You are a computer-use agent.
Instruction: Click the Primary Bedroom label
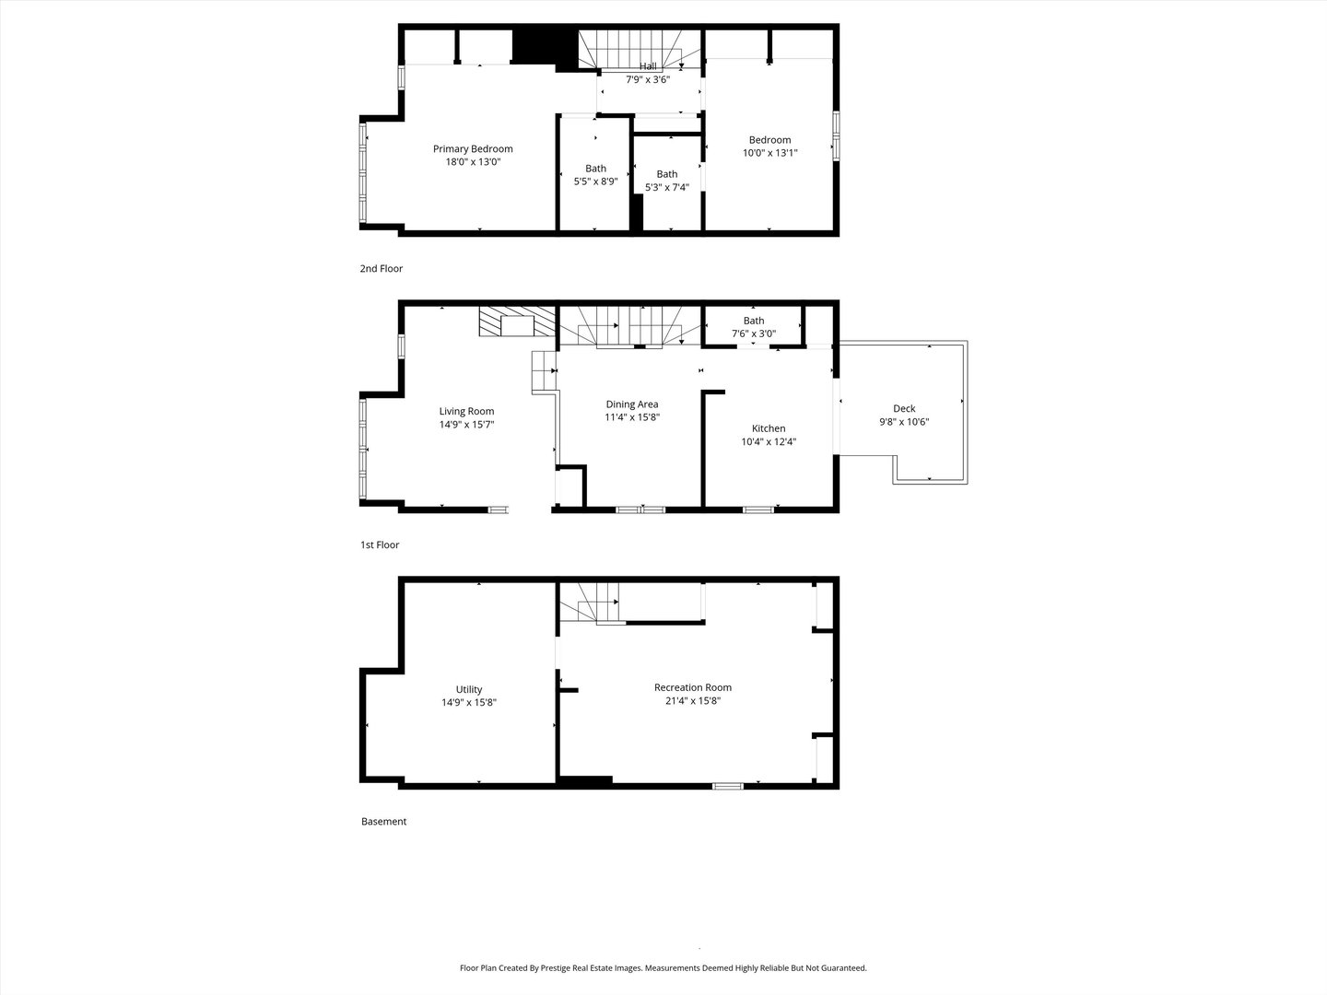tap(473, 149)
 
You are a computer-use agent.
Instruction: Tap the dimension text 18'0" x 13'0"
tap(473, 162)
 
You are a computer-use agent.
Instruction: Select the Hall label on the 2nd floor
tap(648, 66)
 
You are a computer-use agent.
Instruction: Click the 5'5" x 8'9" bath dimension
tap(595, 181)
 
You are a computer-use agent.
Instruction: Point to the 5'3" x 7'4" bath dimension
tap(667, 187)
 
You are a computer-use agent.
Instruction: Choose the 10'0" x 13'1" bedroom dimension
tap(769, 153)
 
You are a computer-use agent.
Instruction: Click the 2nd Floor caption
tap(381, 269)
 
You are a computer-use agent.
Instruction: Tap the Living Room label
tap(466, 412)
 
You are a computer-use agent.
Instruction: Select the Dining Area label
tap(632, 404)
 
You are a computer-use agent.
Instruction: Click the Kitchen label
tap(769, 429)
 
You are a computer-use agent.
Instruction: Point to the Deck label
tap(904, 409)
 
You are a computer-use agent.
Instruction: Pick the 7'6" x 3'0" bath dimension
tap(754, 334)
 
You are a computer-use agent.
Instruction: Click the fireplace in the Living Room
tap(517, 322)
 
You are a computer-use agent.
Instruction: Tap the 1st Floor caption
tap(380, 544)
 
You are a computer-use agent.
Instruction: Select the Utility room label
tap(469, 689)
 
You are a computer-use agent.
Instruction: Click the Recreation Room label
tap(693, 687)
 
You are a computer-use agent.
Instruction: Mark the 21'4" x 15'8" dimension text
tap(693, 701)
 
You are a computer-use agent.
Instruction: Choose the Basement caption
tap(384, 822)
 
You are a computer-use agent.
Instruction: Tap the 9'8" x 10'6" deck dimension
tap(904, 422)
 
